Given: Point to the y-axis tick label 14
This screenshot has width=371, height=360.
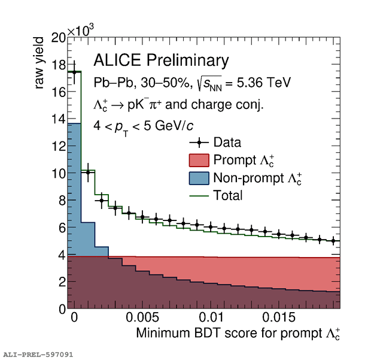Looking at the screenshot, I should pos(57,119).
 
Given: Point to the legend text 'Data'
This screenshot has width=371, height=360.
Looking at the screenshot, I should pos(227,143).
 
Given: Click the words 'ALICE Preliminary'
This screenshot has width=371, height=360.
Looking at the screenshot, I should pos(161,60).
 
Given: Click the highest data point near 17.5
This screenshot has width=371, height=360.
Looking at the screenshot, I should pos(74,72).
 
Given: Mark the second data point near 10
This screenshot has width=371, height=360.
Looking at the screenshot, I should pos(88,173).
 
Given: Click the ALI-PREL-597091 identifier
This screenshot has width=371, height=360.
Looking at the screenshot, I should pos(38,354).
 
